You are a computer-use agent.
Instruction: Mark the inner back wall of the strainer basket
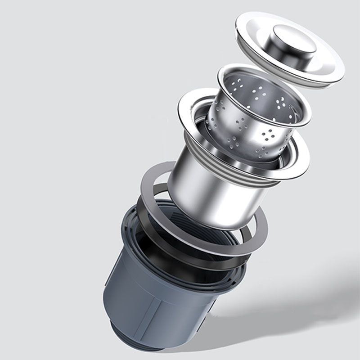[x=252, y=90]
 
